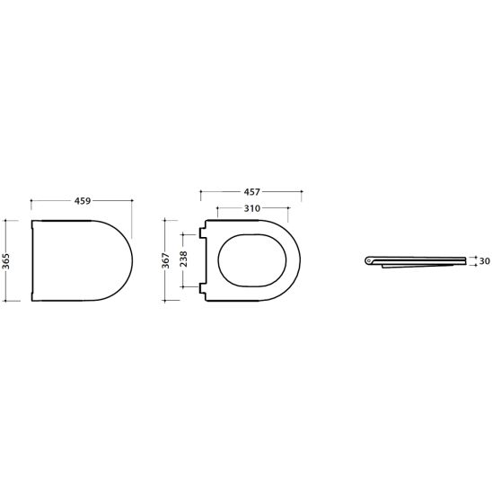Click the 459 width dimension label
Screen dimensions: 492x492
83,201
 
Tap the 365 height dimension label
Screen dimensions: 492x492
6,261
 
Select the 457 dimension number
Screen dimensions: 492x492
252,192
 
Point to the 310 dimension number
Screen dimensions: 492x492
252,208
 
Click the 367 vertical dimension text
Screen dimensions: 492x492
165,260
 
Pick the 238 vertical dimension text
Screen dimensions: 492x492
183,259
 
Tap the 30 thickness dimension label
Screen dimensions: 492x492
485,260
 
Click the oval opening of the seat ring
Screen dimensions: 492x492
218,260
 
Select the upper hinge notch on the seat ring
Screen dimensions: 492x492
203,233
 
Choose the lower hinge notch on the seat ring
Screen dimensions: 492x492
203,288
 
